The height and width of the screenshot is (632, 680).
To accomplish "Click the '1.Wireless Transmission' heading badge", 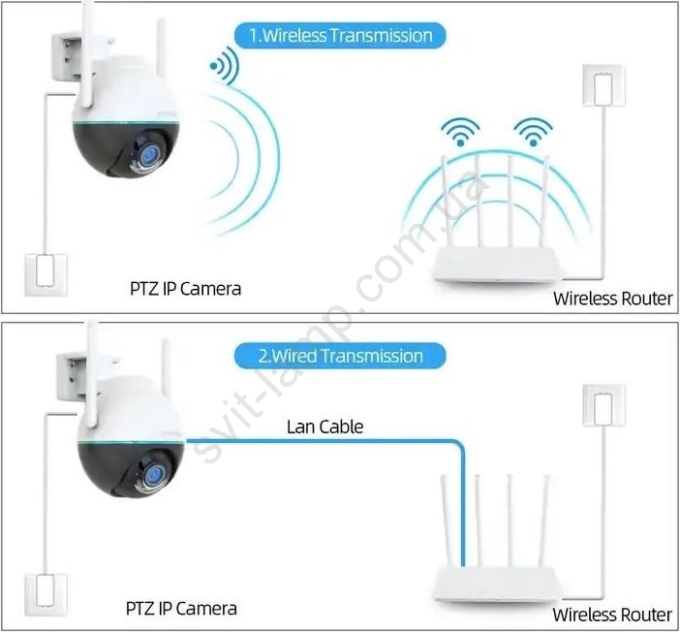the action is point(340,35).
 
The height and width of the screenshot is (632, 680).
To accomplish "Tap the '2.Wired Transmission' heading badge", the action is point(340,356).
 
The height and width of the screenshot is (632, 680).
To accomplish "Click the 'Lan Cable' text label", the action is point(325,427).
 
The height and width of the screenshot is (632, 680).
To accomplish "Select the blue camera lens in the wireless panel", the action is point(150,155).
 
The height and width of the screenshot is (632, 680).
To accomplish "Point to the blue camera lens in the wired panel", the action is point(154,474).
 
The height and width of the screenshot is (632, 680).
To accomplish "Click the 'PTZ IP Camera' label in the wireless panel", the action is point(185,289).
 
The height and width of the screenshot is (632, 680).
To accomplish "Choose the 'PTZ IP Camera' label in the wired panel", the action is point(181,609).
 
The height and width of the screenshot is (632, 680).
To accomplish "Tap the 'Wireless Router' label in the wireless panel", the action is point(613,299).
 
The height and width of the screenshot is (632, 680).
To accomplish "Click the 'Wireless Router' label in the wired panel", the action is point(612,615).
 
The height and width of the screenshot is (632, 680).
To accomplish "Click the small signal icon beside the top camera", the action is point(225,66).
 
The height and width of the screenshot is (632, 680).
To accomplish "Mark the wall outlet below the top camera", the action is point(46,274).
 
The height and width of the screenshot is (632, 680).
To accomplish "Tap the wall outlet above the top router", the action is point(603,85).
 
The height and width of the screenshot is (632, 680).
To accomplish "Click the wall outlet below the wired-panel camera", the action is point(46,594).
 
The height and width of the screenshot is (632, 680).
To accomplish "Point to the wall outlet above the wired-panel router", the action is point(603,405).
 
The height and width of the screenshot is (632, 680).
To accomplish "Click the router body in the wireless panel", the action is point(496,265).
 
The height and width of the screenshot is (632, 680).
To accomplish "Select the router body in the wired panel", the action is point(496,585).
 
